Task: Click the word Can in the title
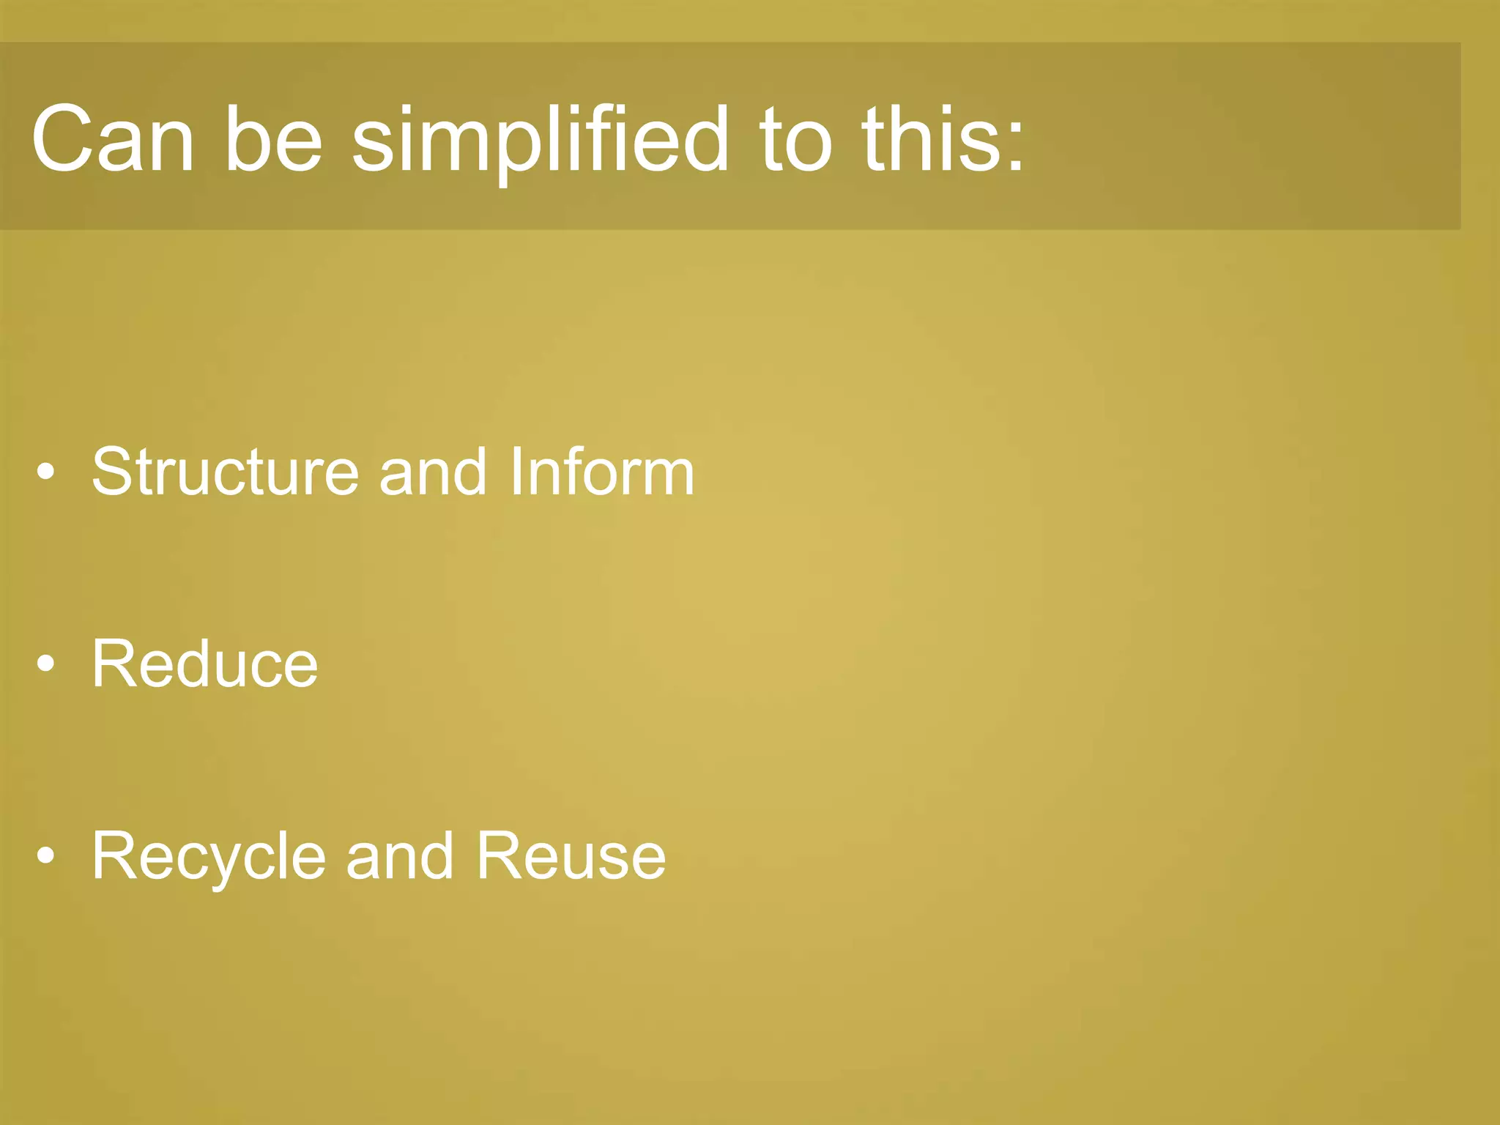click(113, 138)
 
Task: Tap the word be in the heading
click(273, 138)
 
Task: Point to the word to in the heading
click(796, 138)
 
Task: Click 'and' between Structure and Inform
click(433, 472)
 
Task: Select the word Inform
click(601, 472)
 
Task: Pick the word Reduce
click(205, 664)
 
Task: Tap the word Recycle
click(209, 857)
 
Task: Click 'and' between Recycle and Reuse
click(400, 857)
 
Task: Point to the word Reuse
click(571, 857)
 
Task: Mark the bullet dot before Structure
click(45, 472)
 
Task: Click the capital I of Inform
click(516, 472)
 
